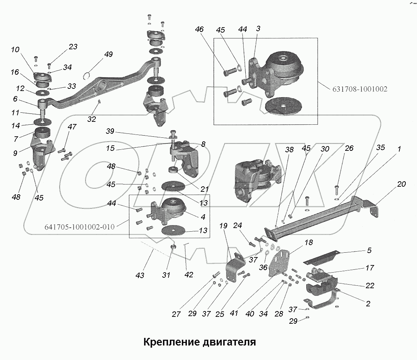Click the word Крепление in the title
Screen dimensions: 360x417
(170, 342)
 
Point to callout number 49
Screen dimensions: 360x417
(108, 54)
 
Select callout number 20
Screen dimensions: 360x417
(401, 184)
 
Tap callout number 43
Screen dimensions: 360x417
(140, 276)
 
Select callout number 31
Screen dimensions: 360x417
(166, 276)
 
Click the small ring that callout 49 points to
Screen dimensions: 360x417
(86, 75)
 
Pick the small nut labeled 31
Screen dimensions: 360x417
(173, 247)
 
